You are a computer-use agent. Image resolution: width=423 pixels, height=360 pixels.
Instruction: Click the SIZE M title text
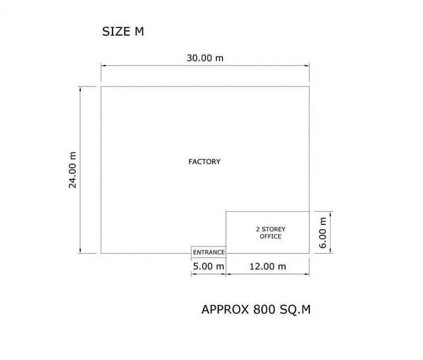coord(123,32)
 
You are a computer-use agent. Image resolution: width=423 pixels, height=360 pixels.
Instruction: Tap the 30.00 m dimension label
coord(205,58)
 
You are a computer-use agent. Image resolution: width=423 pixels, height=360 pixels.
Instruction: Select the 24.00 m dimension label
coord(72,170)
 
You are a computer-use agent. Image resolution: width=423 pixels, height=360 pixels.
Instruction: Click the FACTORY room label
coord(204,162)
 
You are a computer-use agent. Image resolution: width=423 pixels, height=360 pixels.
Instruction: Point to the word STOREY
coord(273,229)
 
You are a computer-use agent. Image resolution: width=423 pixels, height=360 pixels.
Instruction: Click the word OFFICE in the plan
coord(270,237)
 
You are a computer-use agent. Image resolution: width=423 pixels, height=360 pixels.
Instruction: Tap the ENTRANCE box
coord(208,252)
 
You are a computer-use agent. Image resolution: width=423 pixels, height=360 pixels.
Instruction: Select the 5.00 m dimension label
coord(208,266)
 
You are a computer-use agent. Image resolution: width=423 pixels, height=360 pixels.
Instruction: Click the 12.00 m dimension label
coord(267,266)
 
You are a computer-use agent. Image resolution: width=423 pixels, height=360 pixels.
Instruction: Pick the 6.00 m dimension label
coord(323,233)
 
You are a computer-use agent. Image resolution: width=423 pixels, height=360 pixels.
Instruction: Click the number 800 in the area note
coord(264,310)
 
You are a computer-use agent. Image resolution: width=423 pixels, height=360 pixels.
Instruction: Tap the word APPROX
coord(225,310)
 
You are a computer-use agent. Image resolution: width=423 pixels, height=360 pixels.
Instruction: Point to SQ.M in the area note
coord(295,310)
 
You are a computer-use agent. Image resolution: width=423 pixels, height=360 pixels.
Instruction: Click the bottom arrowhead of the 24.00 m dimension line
coord(80,251)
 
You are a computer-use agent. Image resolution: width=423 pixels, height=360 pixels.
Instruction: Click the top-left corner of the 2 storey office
coord(226,211)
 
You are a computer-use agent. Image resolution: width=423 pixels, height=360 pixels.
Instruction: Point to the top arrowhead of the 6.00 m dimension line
coord(331,213)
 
